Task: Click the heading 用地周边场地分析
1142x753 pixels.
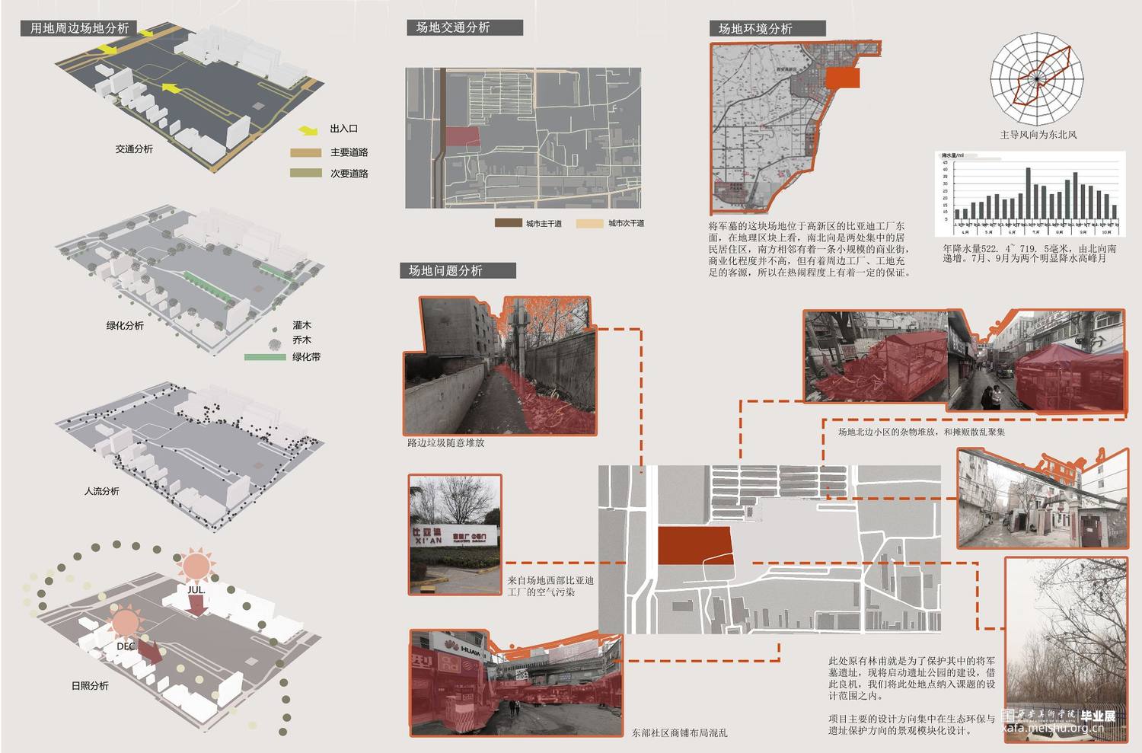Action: (x=80, y=28)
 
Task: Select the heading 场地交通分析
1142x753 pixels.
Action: (x=453, y=27)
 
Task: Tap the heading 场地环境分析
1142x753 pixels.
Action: (x=755, y=28)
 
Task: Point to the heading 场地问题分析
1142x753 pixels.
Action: (x=445, y=270)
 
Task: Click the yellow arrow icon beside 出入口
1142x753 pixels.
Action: (x=308, y=130)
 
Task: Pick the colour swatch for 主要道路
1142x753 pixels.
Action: (x=305, y=152)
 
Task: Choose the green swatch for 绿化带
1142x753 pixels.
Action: (x=265, y=356)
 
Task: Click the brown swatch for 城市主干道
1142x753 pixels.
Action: (x=507, y=223)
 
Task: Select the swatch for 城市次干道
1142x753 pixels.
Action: (x=589, y=223)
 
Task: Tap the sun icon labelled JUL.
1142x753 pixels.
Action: (x=196, y=566)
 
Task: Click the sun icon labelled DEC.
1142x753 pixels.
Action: (x=126, y=622)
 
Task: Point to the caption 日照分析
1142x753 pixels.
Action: (x=90, y=686)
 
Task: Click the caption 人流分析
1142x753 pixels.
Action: (x=101, y=491)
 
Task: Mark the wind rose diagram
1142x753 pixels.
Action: (x=1036, y=78)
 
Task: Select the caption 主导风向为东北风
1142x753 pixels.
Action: (x=1038, y=135)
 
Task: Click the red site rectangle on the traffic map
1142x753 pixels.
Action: (x=463, y=136)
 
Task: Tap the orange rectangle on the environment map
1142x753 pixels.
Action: (x=842, y=78)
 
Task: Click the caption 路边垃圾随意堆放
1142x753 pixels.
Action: (x=445, y=442)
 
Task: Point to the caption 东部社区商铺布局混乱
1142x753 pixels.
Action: (x=679, y=732)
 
